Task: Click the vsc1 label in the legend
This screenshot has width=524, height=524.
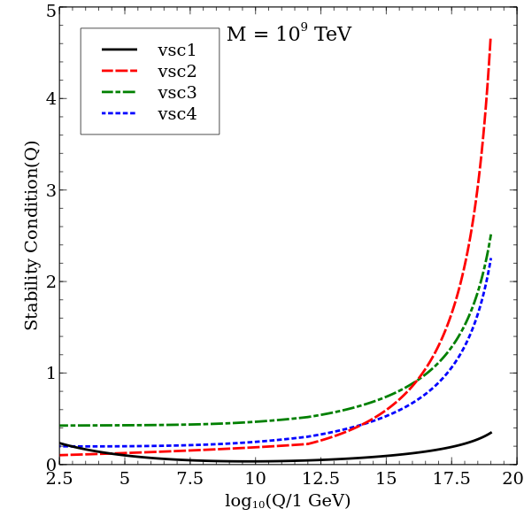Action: (x=177, y=50)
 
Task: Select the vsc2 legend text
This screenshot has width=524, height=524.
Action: (x=177, y=72)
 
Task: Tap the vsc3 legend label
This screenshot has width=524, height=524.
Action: (x=177, y=93)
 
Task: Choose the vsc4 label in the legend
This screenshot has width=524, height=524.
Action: (x=177, y=114)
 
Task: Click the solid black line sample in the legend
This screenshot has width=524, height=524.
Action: (x=119, y=50)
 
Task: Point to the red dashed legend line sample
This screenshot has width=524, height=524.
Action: (x=119, y=71)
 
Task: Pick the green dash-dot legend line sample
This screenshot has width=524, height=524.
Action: (x=119, y=92)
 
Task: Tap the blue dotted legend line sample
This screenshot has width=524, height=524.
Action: (x=119, y=113)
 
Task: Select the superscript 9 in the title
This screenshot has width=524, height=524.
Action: (x=304, y=27)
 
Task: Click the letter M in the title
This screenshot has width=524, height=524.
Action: (x=235, y=35)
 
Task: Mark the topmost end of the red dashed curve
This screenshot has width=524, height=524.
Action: (x=490, y=38)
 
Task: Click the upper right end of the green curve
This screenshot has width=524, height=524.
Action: (x=490, y=235)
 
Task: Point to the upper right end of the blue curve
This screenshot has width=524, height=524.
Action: (x=490, y=258)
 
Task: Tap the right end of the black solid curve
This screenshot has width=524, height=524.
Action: (x=491, y=432)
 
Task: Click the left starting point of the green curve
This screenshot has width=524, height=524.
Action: (x=60, y=426)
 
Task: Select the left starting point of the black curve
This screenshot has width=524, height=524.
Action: (x=60, y=443)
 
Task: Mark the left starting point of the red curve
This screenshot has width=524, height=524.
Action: (x=60, y=455)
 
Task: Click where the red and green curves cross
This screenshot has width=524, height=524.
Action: (x=419, y=378)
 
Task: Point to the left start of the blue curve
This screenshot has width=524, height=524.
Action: (x=60, y=446)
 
